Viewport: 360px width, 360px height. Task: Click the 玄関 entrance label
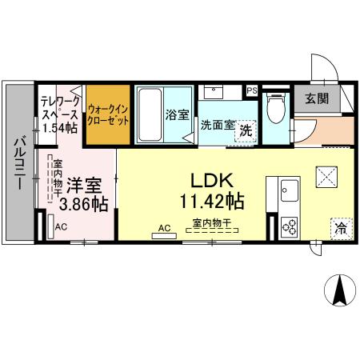[316, 99]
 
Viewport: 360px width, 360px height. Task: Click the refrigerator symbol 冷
[340, 227]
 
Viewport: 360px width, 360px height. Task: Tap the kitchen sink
[289, 192]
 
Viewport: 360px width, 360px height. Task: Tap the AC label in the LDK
[165, 229]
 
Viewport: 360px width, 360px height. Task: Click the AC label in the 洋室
[61, 227]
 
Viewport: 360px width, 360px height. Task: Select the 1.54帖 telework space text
[59, 128]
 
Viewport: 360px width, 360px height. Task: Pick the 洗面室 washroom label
[217, 124]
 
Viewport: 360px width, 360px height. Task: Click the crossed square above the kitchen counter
[326, 175]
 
